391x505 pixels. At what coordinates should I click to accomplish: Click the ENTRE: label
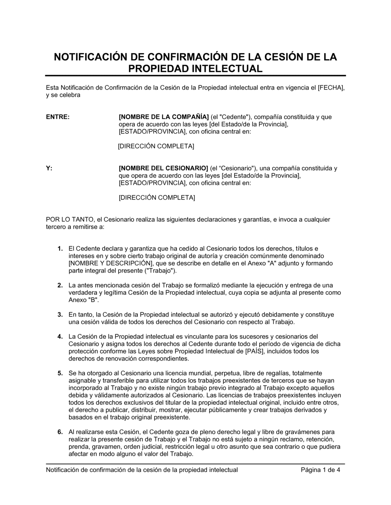tap(58, 117)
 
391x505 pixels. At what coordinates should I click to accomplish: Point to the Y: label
tap(49, 168)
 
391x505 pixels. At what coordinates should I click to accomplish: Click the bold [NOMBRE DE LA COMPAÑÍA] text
tap(163, 117)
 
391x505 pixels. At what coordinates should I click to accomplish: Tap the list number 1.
tap(60, 249)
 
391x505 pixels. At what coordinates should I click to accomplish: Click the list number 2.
tap(60, 285)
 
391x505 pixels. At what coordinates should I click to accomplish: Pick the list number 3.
tap(60, 315)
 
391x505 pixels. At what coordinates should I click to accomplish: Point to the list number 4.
tap(60, 337)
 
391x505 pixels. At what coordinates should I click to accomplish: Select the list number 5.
tap(60, 373)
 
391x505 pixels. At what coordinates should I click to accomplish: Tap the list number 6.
tap(60, 432)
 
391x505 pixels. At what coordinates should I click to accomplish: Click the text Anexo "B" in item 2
tap(83, 300)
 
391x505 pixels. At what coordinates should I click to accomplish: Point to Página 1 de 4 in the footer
tap(320, 470)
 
